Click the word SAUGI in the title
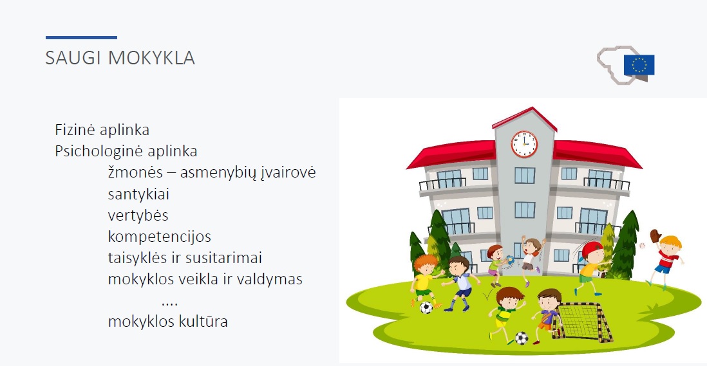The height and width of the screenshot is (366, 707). coord(73,58)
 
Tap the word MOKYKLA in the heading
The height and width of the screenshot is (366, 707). coord(151,58)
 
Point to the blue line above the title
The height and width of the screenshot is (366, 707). coord(81,37)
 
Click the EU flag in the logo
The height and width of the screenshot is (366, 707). coord(639,65)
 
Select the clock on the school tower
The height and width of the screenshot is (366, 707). coord(524,144)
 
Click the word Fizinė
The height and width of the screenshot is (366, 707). coord(75,130)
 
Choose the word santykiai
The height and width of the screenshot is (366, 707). coord(138,194)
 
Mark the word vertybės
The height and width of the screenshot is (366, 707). coord(138,215)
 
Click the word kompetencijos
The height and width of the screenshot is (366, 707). coord(160,237)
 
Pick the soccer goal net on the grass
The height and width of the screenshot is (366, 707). coord(583,322)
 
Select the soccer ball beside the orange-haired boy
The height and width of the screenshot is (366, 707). coord(426,307)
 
